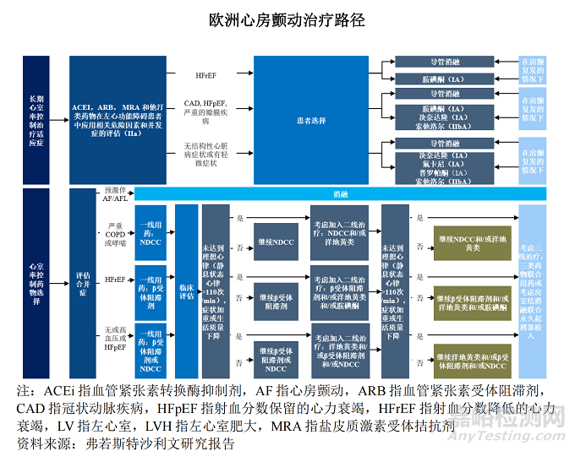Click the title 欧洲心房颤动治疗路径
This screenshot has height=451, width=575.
click(x=287, y=19)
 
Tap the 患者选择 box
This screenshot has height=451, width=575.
click(x=311, y=120)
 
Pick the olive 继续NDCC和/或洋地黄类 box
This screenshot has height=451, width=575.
click(x=473, y=242)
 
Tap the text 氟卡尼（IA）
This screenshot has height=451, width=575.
click(x=444, y=163)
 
